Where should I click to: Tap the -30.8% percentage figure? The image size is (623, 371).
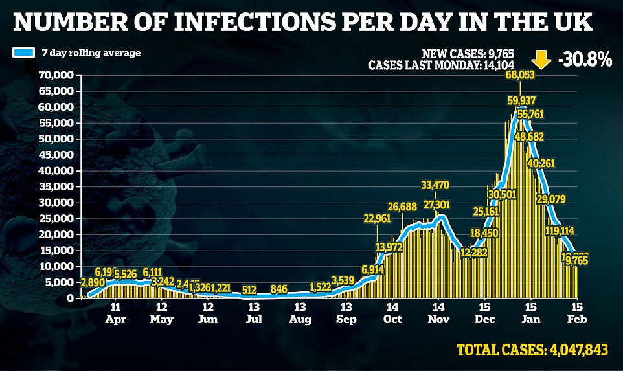584,60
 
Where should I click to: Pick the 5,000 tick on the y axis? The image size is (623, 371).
60,282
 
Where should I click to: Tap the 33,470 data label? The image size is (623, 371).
434,186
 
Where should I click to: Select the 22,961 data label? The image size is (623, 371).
378,218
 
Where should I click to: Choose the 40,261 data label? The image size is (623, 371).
541,163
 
